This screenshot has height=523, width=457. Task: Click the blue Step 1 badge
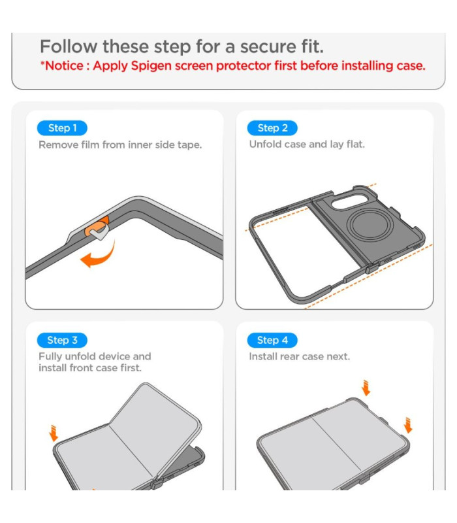coord(62,128)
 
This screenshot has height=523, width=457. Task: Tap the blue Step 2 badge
coord(272,128)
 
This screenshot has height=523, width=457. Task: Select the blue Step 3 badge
coord(62,340)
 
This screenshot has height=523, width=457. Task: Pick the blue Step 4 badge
coord(272,340)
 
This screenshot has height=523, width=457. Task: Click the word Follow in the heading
coord(69,46)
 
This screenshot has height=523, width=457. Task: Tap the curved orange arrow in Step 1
coord(99,255)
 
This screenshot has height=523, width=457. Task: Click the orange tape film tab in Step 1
coord(97,227)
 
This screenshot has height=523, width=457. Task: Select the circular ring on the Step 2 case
coord(370,224)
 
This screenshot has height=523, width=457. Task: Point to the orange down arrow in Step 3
coord(53,433)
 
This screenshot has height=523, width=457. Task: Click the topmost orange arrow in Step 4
coord(366,388)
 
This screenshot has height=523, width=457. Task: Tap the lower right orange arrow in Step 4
coord(407,425)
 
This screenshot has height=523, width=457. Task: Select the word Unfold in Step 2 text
coord(265,144)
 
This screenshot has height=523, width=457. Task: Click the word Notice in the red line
coord(64,66)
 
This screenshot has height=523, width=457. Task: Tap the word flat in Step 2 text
coord(355,144)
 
